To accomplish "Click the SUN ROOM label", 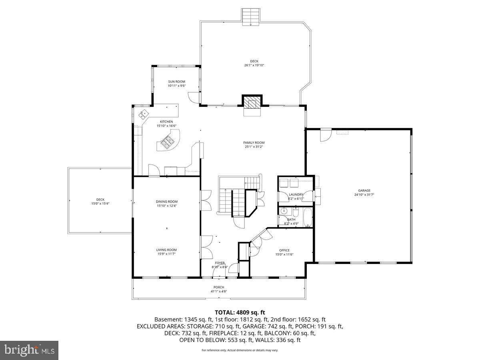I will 176,82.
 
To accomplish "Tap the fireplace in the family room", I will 252,103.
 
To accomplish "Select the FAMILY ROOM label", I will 254,143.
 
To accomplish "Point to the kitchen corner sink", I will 143,114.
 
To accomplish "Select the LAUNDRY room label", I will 296,195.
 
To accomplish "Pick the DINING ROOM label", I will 167,202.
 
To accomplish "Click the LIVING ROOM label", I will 166,250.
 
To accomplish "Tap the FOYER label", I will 220,263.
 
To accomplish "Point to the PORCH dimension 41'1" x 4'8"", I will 219,291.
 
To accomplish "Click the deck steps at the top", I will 251,16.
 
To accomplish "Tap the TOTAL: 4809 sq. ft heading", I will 240,312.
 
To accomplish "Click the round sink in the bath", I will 284,211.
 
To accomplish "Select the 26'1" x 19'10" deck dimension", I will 254,65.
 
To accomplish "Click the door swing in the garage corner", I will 326,135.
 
